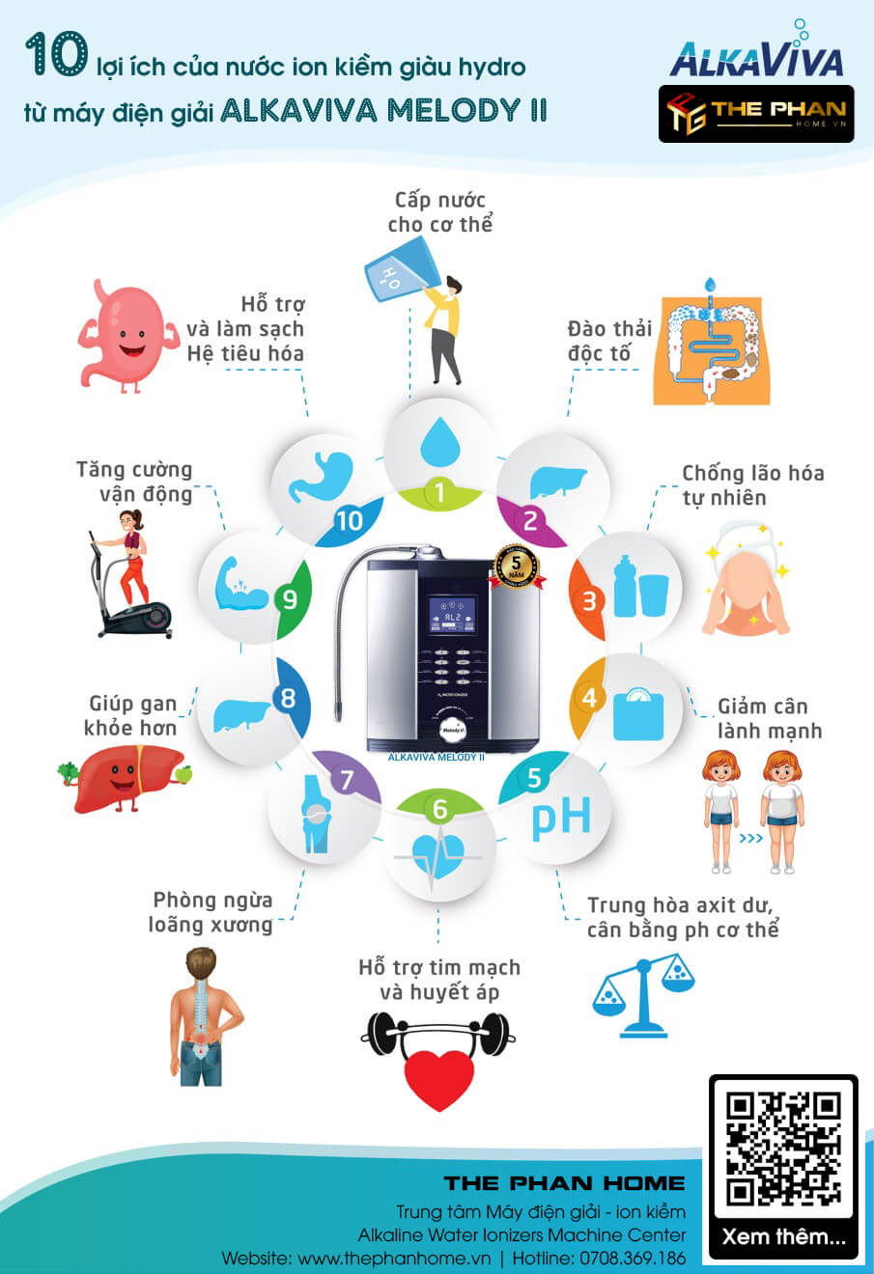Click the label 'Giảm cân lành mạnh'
(769, 719)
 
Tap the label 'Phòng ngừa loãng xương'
(211, 912)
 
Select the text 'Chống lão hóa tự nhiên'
(752, 485)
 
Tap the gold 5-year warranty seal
(517, 568)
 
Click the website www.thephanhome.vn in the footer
(394, 1259)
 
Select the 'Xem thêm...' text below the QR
(783, 1236)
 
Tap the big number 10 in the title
(56, 55)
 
